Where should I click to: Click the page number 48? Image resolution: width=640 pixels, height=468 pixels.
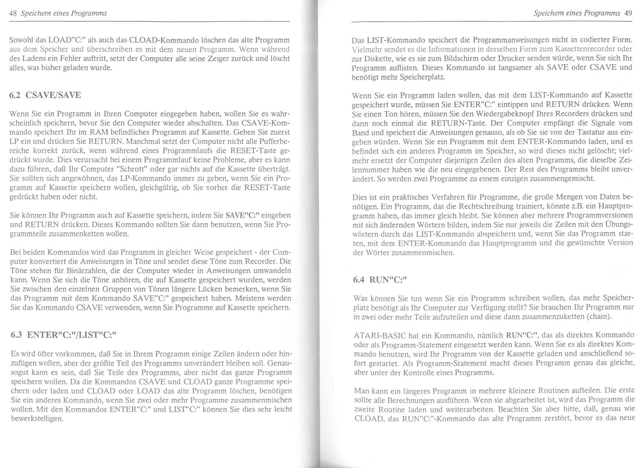(x=13, y=14)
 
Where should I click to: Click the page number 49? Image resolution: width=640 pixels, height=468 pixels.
(x=628, y=14)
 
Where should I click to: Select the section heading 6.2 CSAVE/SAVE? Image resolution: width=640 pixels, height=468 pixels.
(x=45, y=95)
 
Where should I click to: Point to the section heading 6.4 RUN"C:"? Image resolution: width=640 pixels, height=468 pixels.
(x=380, y=280)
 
